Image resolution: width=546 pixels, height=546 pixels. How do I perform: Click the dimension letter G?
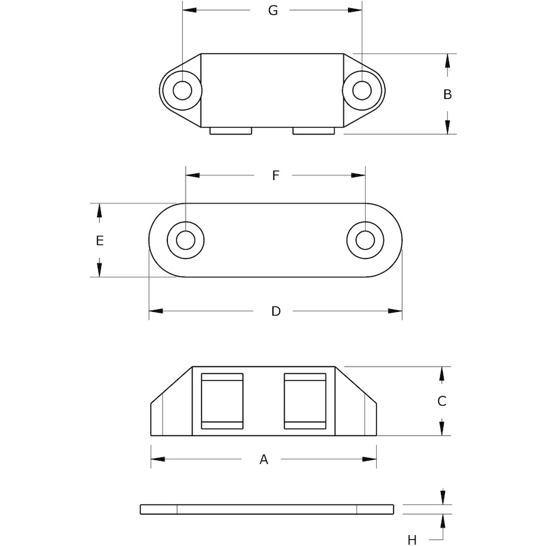273,10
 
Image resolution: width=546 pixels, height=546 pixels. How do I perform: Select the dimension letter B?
448,94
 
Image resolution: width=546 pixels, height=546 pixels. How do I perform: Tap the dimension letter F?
276,175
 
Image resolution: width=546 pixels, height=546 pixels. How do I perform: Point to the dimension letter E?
100,241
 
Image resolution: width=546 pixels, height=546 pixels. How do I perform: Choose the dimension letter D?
276,311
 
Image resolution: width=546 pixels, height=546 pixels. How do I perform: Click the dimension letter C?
442,401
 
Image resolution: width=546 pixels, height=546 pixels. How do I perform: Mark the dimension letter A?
264,459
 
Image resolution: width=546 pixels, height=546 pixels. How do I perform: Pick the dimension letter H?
412,541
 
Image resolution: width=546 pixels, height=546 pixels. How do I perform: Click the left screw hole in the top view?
182,91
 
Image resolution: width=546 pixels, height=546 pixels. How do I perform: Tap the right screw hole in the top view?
362,91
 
